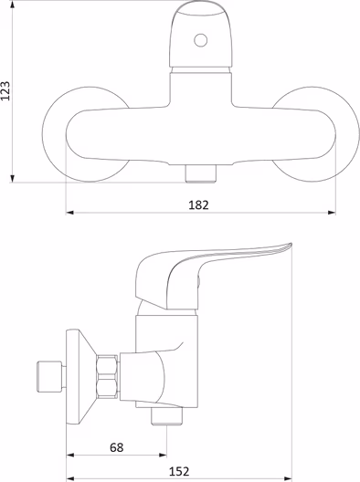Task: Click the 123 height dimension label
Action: pos(5,90)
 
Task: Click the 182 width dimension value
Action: pos(198,205)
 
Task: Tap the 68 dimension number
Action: pos(117,447)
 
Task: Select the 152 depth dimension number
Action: pos(179,471)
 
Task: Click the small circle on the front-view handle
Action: pos(201,40)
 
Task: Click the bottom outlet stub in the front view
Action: pos(201,173)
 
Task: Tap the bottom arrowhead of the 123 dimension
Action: pos(12,179)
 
